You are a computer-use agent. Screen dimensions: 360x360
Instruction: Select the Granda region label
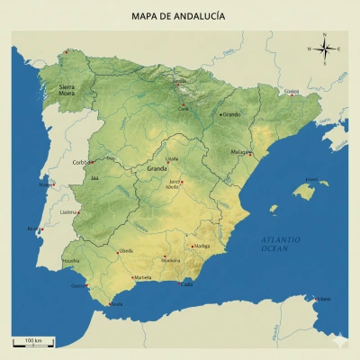pyautogui.click(x=157, y=168)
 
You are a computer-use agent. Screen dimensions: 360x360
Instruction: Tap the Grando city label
pyautogui.click(x=233, y=114)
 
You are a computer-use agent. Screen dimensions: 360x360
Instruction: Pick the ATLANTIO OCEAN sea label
pyautogui.click(x=281, y=243)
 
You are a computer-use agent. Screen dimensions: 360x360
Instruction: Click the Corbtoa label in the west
pyautogui.click(x=82, y=162)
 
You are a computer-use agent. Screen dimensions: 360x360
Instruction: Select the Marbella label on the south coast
pyautogui.click(x=143, y=278)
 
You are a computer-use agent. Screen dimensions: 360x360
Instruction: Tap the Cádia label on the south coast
pyautogui.click(x=187, y=284)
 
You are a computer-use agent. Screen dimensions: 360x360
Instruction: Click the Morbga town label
pyautogui.click(x=202, y=245)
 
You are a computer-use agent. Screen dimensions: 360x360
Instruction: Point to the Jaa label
pyautogui.click(x=95, y=178)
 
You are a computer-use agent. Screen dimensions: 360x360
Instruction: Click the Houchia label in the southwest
pyautogui.click(x=70, y=261)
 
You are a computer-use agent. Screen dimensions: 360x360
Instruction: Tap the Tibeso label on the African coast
pyautogui.click(x=324, y=299)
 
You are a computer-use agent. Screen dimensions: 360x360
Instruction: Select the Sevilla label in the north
pyautogui.click(x=180, y=80)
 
